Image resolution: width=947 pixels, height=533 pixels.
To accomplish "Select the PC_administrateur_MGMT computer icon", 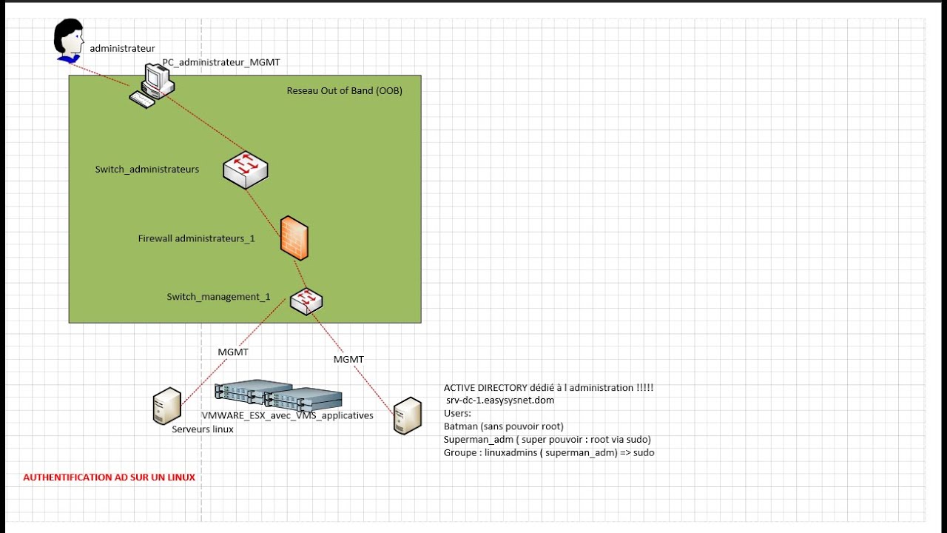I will tap(154, 85).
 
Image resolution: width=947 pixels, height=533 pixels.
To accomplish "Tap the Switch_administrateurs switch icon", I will tap(246, 170).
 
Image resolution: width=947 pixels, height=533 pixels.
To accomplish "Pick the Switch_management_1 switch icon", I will tap(306, 300).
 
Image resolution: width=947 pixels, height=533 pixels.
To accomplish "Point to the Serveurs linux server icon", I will tap(166, 406).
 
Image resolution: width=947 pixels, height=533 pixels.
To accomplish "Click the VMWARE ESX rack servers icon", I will tap(277, 397).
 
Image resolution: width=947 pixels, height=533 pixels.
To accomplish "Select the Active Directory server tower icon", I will tap(407, 415).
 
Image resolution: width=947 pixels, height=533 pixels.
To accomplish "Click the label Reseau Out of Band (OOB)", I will tap(345, 91).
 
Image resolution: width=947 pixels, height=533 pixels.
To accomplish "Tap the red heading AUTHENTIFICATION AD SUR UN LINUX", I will tap(109, 477).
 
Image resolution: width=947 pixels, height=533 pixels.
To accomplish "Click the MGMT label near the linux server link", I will tap(233, 352).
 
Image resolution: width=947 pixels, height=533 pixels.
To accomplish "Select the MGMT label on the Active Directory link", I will tap(348, 359).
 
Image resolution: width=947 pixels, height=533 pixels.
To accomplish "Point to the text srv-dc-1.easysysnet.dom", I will tap(500, 400).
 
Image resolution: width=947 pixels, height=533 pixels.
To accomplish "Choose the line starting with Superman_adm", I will tap(547, 440).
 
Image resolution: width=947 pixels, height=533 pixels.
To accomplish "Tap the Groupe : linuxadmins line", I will tap(549, 453).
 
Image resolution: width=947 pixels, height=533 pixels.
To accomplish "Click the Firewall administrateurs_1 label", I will tap(197, 238).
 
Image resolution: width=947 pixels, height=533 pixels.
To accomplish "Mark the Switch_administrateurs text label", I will tap(147, 170).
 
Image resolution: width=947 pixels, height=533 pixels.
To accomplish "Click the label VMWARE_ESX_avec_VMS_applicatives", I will tap(288, 416).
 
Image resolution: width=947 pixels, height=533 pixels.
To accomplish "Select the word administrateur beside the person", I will tap(123, 48).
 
